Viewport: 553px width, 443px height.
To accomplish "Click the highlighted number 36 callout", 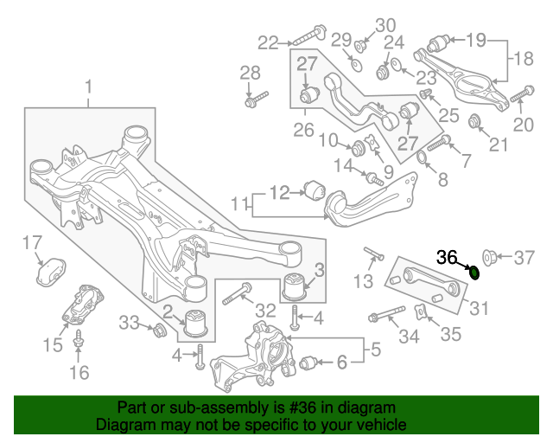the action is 447,257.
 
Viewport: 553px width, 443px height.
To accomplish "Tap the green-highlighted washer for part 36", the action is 474,273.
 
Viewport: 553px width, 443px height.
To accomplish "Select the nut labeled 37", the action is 489,257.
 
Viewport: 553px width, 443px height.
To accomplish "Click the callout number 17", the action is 32,242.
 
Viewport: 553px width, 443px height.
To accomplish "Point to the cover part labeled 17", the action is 51,271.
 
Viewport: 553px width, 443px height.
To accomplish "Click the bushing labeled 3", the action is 296,286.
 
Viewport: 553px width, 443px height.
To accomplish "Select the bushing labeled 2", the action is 197,322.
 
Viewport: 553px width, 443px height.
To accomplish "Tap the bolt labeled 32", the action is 237,293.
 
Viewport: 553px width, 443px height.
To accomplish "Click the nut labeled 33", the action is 159,330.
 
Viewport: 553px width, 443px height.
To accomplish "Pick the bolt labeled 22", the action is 309,35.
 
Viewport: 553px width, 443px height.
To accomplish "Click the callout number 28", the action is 250,73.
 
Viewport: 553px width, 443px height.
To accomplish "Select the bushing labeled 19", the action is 438,43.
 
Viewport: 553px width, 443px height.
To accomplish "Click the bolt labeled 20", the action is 522,93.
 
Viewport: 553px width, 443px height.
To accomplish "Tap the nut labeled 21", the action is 474,121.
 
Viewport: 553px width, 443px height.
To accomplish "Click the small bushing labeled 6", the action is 308,363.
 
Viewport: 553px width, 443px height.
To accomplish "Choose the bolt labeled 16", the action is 78,339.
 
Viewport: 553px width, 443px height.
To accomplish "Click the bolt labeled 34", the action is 386,313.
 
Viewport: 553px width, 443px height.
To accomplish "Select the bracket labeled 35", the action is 421,311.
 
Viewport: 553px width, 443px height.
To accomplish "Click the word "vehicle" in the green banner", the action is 382,424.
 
